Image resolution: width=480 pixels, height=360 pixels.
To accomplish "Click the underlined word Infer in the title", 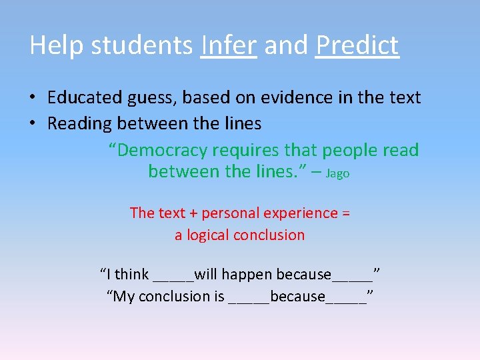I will [228, 45].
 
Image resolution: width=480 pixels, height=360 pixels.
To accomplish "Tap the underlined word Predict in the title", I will [357, 45].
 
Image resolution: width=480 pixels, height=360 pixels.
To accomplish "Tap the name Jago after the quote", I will [338, 173].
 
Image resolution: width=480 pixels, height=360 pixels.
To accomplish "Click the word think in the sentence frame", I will [132, 274].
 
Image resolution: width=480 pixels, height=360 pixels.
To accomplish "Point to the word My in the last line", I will [123, 297].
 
